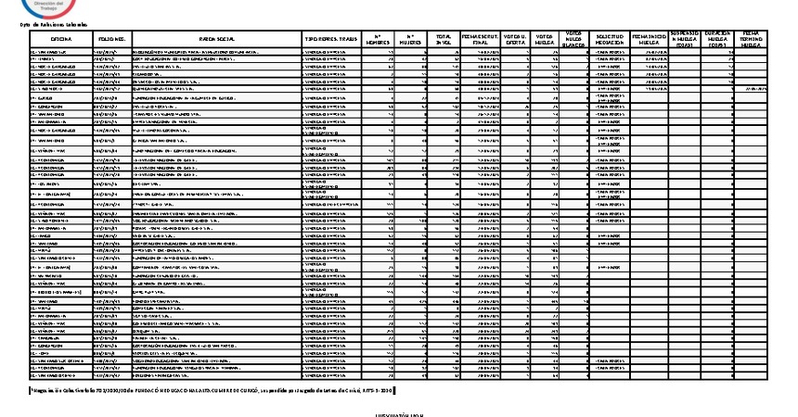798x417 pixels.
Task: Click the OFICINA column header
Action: (61, 40)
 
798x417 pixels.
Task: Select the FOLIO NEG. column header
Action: (112, 40)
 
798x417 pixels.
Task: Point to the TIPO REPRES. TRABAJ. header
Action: (330, 40)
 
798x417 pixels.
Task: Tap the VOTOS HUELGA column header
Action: (545, 40)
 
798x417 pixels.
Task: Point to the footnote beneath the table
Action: (213, 389)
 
